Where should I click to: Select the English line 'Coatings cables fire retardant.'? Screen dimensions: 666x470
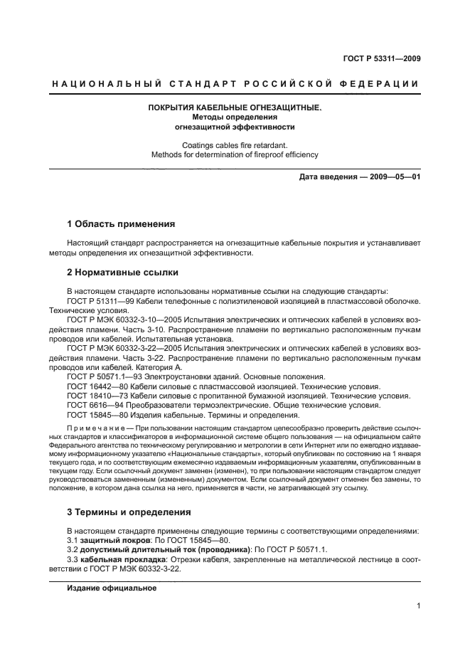click(235, 144)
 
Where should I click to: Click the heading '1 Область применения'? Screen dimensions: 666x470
click(121, 223)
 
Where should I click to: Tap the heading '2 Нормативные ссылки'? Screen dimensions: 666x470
click(122, 273)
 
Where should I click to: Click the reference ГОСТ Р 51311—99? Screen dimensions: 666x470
click(97, 301)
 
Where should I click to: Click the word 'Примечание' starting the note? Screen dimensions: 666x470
click(92, 429)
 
